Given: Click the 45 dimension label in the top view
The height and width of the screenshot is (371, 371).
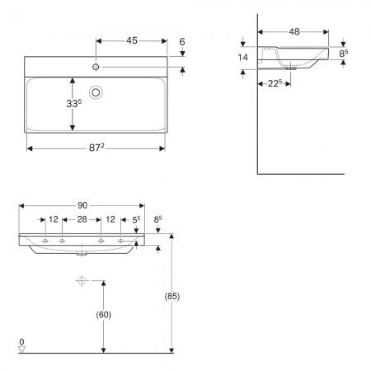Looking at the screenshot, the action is pos(132,40).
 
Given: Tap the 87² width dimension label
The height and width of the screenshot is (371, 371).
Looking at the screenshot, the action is pos(96,148).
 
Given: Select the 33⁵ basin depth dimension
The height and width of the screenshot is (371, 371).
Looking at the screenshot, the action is pos(74,103).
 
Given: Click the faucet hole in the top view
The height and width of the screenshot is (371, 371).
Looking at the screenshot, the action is pos(96,67).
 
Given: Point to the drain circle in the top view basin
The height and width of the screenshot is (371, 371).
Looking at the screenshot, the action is pos(96,92).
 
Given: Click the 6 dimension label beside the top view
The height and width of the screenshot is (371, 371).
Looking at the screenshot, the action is pos(182,42).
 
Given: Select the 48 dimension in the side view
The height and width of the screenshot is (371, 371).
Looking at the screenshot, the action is pos(294,32).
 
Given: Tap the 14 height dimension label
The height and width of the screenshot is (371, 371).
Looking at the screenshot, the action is pos(242,58).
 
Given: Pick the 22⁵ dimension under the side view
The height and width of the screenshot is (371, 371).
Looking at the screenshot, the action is pos(275,83).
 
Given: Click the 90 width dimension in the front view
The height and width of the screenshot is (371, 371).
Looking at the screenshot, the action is pos(82,205).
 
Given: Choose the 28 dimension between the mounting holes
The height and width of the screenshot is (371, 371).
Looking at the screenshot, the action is pos(82,219).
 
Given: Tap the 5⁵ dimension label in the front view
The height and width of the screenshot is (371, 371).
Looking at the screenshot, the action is pos(136,219).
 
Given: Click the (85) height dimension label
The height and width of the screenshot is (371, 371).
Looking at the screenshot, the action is pos(172,296).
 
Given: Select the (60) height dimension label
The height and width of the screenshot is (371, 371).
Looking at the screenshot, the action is pos(103,315).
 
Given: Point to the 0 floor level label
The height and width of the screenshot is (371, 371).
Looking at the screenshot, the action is pos(21,341).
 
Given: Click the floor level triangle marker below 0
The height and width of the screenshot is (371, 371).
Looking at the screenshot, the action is pos(21,350).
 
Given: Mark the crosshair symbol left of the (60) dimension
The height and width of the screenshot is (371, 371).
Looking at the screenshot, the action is pos(82,280).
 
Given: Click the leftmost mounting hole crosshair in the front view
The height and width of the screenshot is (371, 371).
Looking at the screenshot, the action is pos(45,241).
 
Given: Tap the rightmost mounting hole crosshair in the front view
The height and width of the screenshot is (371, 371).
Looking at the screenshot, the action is pos(120,241).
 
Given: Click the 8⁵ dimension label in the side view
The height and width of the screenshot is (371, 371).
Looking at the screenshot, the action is pos(343,54).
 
